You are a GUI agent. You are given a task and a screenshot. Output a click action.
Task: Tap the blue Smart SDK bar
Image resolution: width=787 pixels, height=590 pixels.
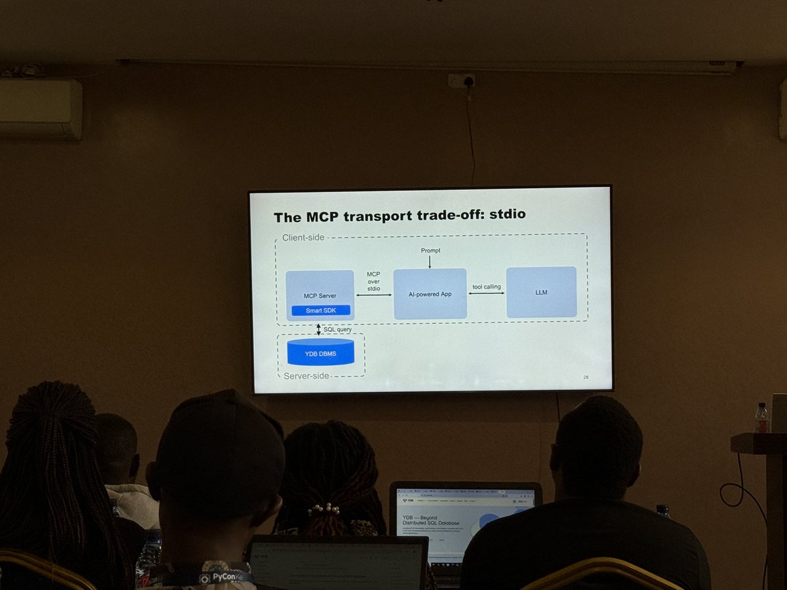[321, 310]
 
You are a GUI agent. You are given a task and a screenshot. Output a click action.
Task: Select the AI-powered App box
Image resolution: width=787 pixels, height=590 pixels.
[430, 294]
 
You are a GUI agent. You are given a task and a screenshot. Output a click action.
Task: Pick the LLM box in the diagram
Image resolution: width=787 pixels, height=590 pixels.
[541, 292]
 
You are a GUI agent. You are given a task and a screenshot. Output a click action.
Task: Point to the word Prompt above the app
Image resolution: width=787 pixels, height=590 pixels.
[430, 251]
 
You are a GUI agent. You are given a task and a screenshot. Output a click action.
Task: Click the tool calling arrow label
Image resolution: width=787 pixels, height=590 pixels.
[487, 286]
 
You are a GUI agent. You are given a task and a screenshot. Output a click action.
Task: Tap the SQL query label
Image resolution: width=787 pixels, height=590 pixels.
[338, 329]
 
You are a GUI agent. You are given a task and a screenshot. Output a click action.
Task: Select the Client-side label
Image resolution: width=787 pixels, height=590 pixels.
[303, 237]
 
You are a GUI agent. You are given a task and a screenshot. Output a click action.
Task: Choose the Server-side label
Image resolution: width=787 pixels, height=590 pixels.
[306, 376]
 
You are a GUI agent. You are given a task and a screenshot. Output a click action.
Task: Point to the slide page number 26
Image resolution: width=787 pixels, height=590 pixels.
[586, 377]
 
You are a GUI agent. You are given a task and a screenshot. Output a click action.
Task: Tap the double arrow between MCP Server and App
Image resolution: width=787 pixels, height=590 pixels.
[373, 295]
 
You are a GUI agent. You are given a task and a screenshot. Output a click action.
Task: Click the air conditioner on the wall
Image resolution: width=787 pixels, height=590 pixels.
[41, 109]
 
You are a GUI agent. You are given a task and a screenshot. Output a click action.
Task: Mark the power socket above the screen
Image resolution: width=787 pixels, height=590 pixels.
[462, 81]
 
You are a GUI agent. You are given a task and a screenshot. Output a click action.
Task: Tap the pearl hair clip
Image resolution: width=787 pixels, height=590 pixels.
[324, 508]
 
